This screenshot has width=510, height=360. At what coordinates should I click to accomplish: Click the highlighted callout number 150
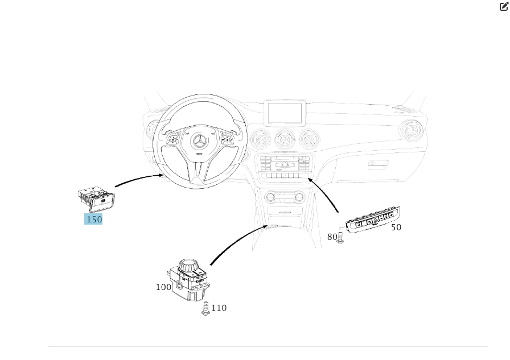point(93,219)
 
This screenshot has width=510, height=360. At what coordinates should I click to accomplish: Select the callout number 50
point(396,227)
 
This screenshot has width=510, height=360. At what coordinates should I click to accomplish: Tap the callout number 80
point(332,237)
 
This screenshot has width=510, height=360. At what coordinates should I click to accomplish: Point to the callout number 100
point(164,287)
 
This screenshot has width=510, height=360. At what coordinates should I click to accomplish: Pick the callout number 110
point(219,308)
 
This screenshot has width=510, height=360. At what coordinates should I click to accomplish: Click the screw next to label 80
point(340,238)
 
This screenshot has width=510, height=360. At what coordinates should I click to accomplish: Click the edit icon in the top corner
point(503,6)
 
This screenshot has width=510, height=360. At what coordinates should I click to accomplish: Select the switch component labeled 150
point(96,200)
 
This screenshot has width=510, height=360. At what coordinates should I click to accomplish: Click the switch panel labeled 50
point(373,220)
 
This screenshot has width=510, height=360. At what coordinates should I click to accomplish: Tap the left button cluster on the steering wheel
point(173,140)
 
